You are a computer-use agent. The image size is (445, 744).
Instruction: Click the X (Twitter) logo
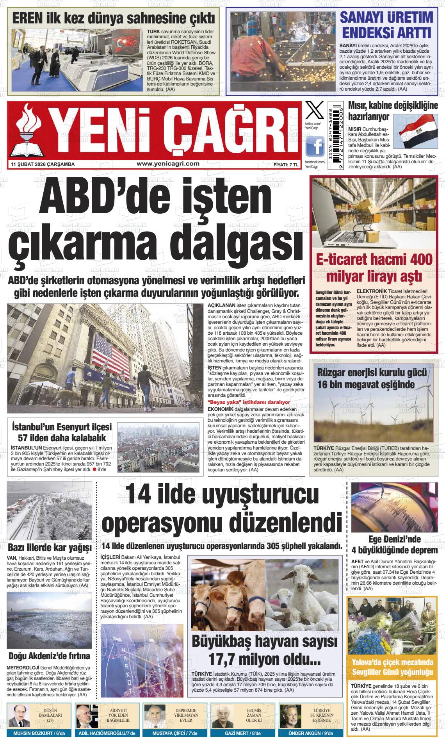(x=314, y=111)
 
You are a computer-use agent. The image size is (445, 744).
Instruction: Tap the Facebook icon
(x=315, y=146)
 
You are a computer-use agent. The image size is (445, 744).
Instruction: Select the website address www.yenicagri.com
(x=168, y=164)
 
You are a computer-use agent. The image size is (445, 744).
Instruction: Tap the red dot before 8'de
(x=94, y=469)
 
